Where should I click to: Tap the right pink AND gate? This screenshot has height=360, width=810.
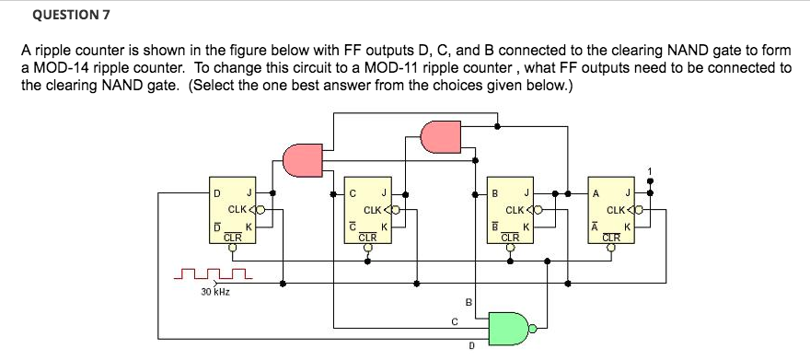point(439,138)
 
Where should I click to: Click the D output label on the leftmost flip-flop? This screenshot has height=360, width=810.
point(216,192)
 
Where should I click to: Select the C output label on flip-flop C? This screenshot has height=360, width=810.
point(352,192)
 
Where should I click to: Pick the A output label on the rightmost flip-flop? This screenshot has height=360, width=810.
point(596,192)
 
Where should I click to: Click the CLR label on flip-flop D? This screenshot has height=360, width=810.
point(234,237)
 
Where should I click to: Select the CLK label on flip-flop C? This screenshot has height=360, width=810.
point(374,210)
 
